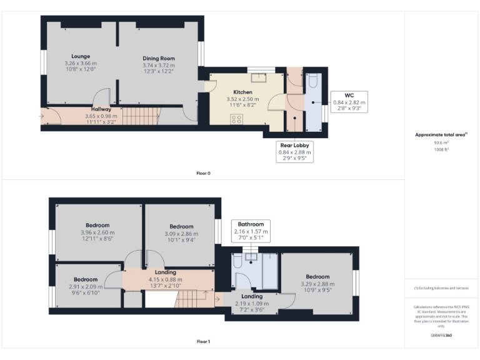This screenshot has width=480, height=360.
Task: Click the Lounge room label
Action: click(81, 56)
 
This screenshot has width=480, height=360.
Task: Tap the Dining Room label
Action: click(158, 58)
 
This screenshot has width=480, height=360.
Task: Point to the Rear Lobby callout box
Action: click(295, 151)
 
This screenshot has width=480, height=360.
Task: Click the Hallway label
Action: click(101, 109)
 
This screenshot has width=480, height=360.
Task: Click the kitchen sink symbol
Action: click(258, 77)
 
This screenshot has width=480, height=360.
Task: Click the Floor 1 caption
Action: click(203, 342)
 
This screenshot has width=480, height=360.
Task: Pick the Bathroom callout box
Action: click(249, 231)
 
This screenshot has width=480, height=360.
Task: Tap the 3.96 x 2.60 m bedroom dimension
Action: click(97, 232)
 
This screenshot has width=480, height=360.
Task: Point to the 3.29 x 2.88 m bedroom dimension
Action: click(317, 284)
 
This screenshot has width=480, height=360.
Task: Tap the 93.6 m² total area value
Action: click(442, 142)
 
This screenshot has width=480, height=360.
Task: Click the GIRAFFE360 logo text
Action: click(442, 336)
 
